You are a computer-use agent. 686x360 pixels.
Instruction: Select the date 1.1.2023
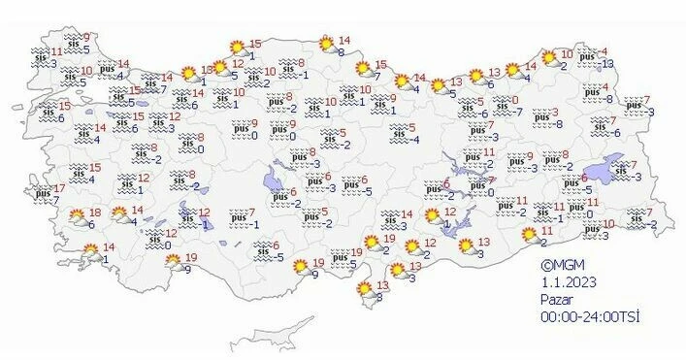pyautogui.click(x=568, y=281)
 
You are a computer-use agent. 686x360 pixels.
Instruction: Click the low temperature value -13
pyautogui.click(x=606, y=64)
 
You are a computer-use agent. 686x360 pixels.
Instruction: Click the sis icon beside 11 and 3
pyautogui.click(x=40, y=58)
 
